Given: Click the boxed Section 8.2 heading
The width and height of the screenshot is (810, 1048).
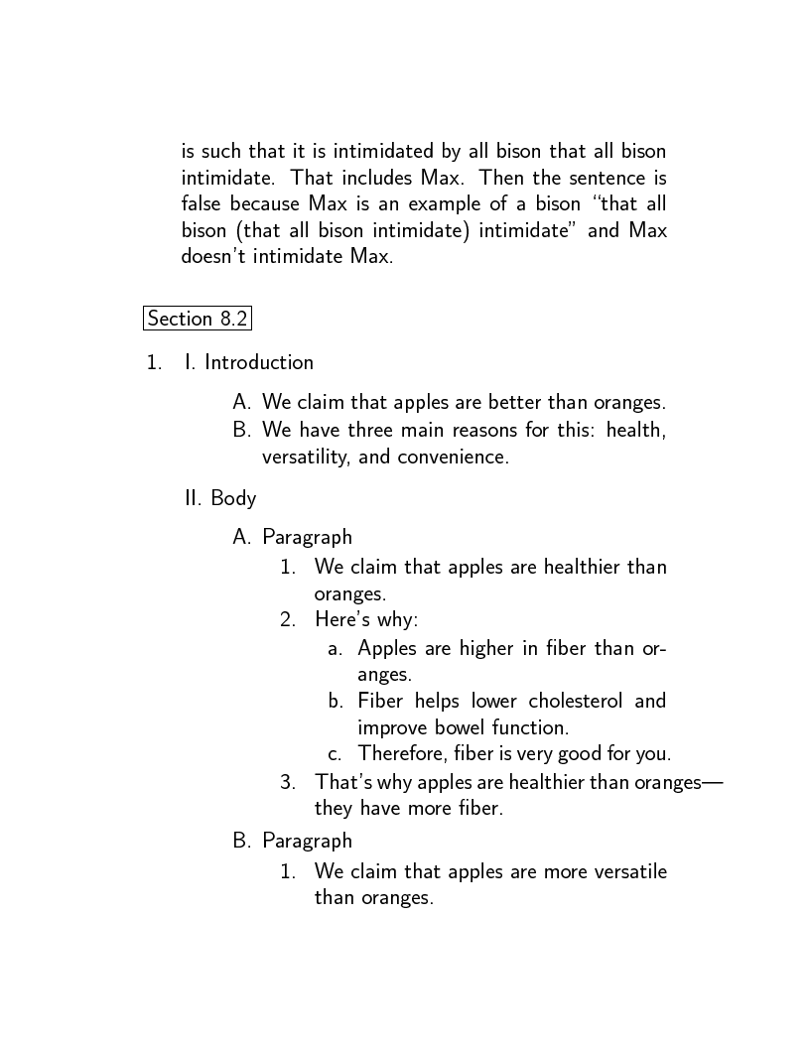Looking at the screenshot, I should (x=197, y=319).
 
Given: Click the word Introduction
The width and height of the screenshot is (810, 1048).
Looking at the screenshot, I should (x=259, y=362).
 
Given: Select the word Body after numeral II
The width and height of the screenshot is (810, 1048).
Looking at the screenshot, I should (x=233, y=498).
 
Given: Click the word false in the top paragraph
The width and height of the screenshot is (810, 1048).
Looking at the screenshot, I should (x=202, y=204).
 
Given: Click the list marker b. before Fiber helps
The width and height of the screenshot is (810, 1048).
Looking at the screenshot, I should (x=336, y=701).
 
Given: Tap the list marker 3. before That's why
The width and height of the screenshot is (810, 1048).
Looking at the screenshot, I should (x=288, y=782).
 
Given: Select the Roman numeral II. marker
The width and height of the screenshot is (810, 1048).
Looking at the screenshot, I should (x=194, y=498).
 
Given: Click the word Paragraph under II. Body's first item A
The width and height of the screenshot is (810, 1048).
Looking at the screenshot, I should (x=307, y=537).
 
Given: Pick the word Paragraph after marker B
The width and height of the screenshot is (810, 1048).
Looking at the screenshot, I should (x=307, y=841).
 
